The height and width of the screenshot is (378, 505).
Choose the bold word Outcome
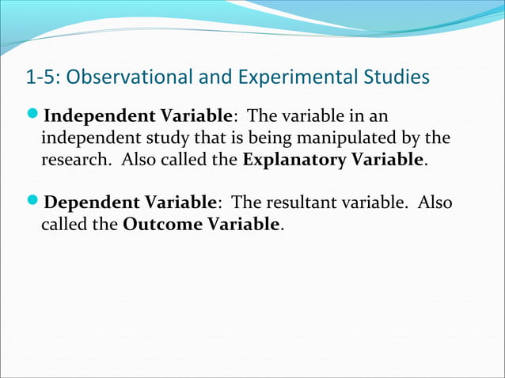click(x=162, y=225)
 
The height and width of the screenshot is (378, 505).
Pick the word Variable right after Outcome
click(x=243, y=225)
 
